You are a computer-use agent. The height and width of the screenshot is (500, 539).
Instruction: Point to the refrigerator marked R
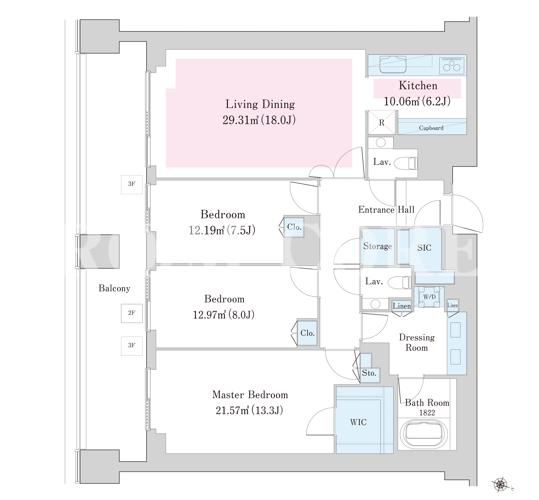(381, 123)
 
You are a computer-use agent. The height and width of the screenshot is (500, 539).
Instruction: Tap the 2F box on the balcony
(132, 313)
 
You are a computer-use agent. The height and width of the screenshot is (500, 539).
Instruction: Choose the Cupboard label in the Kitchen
(431, 128)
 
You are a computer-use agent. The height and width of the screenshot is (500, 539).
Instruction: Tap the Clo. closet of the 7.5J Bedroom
(294, 227)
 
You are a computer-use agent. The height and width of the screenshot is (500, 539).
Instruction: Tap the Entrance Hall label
(386, 210)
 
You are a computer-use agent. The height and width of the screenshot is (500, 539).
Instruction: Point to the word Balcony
(114, 288)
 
